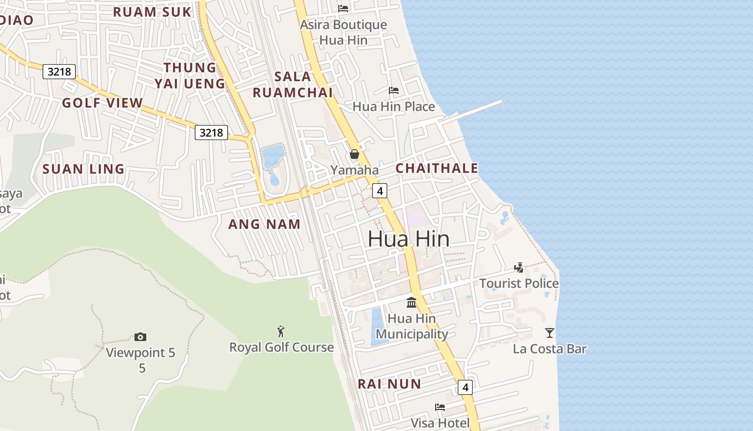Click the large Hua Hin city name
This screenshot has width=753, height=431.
coord(408,239)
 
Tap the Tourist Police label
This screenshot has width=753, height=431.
coord(518,283)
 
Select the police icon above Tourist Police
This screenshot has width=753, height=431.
coord(518,267)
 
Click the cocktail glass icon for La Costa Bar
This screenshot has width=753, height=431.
coord(549,332)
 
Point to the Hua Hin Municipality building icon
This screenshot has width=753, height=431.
coord(411,302)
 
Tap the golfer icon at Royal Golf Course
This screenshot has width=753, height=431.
coord(281,331)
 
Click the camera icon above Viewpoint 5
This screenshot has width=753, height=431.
coord(140,337)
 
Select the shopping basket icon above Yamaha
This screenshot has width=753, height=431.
coord(354,155)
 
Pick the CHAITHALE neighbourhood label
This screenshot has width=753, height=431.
coord(437,168)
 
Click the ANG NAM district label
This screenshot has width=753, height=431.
coord(264,225)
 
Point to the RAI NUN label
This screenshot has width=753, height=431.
coord(389,384)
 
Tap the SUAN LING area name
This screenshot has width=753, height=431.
coord(83,169)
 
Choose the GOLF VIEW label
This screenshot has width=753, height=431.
coord(103,103)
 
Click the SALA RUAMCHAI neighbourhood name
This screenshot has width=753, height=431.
coord(293,85)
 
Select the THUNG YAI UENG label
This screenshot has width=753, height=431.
coord(190,75)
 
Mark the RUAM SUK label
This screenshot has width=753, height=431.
coord(152,12)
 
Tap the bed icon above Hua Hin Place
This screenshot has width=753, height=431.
coord(394,90)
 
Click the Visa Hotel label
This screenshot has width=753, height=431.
coord(440,423)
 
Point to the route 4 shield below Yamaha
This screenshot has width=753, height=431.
coord(380,190)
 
